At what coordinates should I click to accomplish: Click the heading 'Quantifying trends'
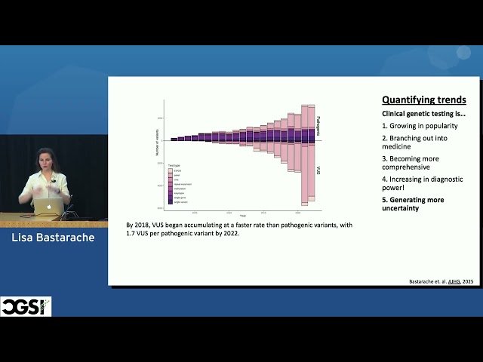point(423,100)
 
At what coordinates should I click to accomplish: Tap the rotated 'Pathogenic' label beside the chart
point(318,124)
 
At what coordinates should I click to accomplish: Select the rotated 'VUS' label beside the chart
point(318,171)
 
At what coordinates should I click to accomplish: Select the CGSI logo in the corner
point(26,306)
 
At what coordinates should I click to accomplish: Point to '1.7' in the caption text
point(134,235)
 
